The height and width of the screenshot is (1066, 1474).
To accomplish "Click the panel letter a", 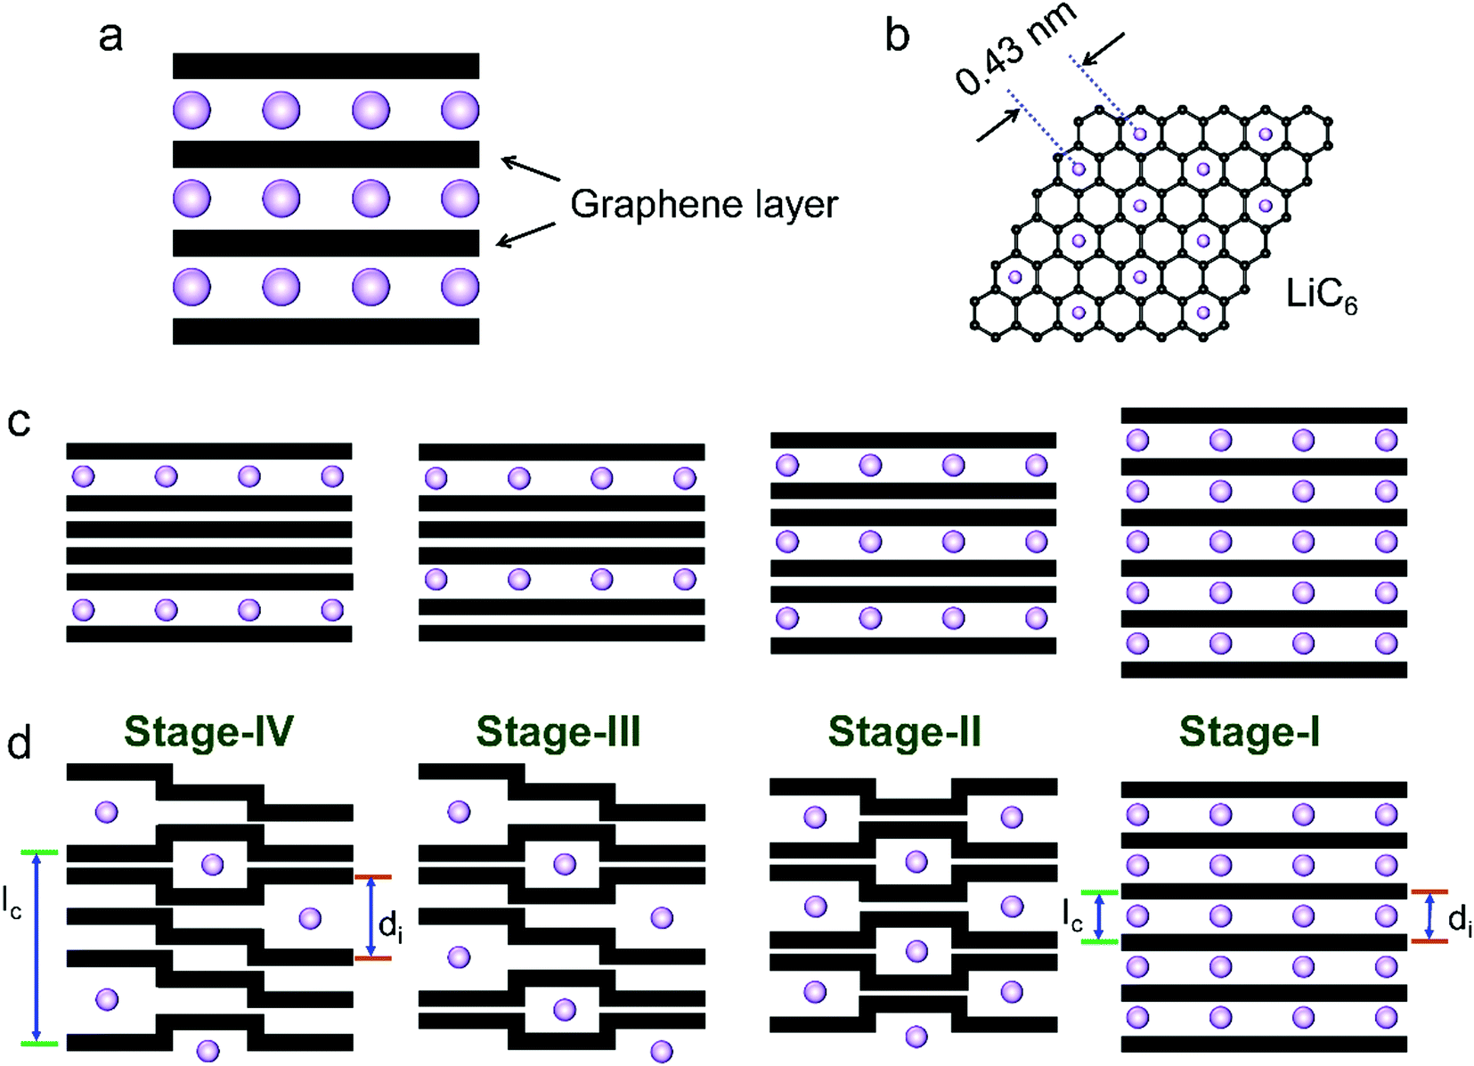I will [110, 37].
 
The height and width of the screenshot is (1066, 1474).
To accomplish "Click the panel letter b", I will [897, 36].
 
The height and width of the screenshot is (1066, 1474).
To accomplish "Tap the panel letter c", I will [19, 421].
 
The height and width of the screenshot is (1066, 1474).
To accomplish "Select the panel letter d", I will [19, 743].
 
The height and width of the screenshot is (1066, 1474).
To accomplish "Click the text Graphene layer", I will [704, 205].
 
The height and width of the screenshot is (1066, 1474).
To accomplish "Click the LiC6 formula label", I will [1321, 295].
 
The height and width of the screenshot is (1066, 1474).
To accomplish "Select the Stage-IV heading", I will [209, 732].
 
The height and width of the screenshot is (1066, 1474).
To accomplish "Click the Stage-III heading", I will [558, 732].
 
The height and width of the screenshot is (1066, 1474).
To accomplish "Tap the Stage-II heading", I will [905, 732].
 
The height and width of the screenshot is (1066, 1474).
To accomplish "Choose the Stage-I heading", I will [1250, 732].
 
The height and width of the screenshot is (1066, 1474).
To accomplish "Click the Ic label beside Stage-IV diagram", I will [12, 903].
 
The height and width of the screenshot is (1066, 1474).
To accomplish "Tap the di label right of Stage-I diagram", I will [1459, 918].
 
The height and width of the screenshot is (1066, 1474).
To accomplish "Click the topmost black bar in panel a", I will [326, 66].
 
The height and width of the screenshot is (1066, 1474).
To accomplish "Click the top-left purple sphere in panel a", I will [191, 110].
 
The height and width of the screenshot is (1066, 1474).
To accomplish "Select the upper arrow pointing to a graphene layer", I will [531, 169].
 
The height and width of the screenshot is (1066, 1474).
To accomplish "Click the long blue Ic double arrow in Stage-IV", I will [37, 948].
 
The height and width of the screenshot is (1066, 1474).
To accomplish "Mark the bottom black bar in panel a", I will [326, 331].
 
